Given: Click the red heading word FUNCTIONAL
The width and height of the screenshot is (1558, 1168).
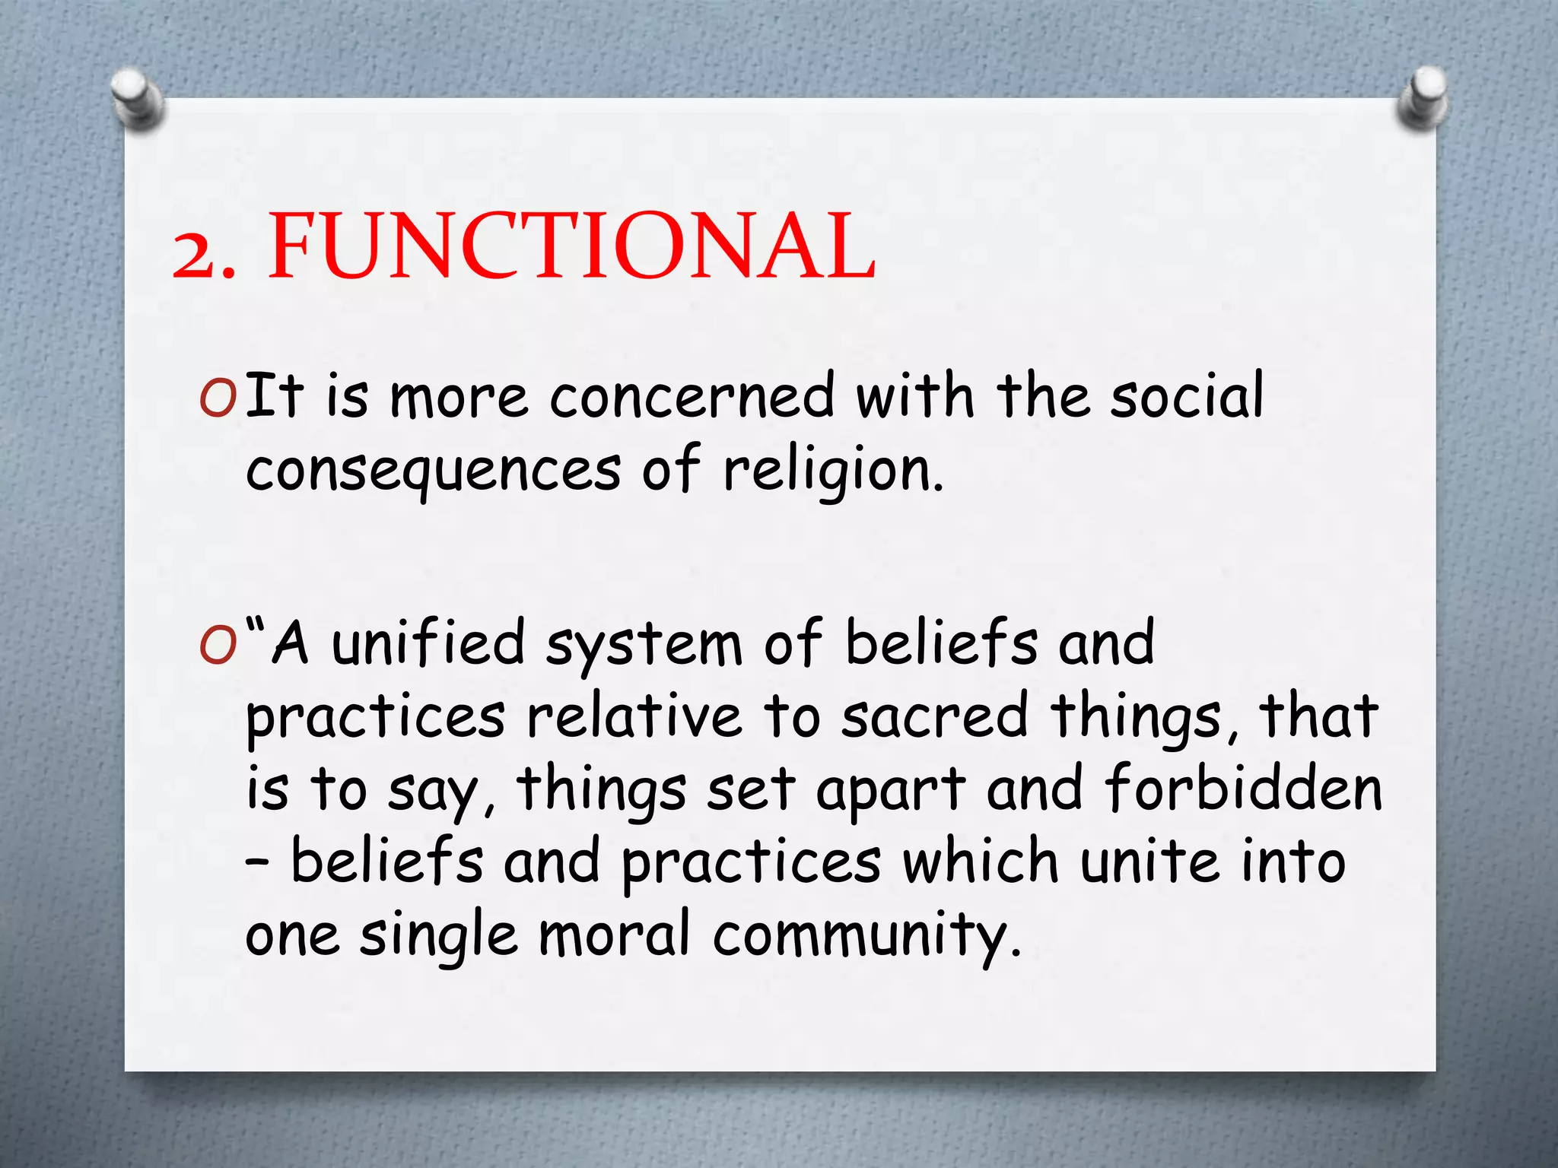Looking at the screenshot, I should click(571, 246).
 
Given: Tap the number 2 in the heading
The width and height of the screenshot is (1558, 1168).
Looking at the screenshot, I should click(196, 255).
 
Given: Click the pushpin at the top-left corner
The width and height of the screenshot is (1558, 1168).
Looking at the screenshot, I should click(136, 97).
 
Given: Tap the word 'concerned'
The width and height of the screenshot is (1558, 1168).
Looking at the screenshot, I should click(692, 396).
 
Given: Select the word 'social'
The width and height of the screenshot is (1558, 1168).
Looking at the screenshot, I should click(1186, 396).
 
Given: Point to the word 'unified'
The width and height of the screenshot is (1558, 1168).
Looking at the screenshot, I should click(428, 643).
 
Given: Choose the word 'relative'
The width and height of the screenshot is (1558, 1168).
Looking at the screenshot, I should click(634, 716).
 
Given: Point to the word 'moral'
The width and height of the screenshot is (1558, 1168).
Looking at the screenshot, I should click(614, 934).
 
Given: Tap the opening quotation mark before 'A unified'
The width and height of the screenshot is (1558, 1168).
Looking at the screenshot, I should click(257, 629).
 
